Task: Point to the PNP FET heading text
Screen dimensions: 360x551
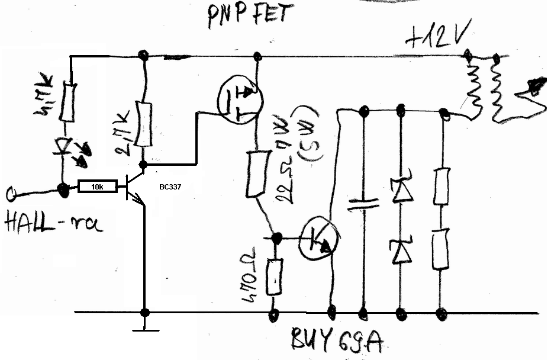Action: [249, 14]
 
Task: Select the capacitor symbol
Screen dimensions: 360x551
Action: [363, 204]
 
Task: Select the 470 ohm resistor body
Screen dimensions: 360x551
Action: [274, 276]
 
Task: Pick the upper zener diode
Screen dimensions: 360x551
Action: [401, 189]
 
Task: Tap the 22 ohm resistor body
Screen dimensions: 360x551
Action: [256, 173]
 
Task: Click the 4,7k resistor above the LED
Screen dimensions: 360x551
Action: [70, 100]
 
